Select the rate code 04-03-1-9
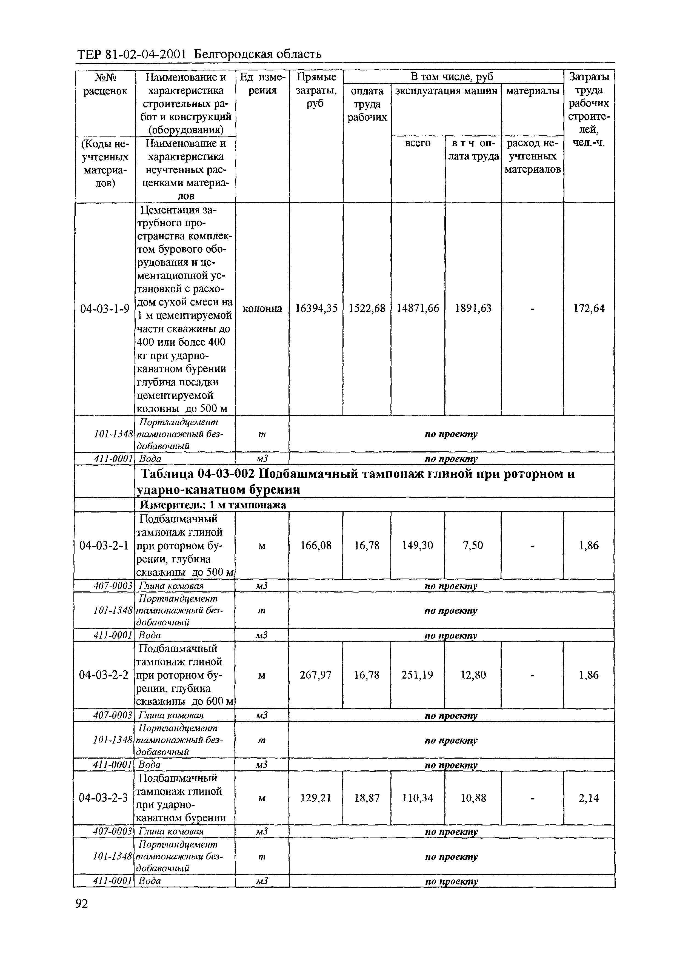click(x=105, y=309)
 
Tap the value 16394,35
click(x=316, y=309)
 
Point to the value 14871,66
click(x=418, y=309)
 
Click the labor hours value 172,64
click(x=589, y=309)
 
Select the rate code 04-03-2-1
click(x=104, y=545)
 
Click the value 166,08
click(x=316, y=545)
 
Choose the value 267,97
click(x=316, y=675)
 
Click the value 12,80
click(x=473, y=675)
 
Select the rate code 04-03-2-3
click(x=104, y=798)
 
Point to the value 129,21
click(x=316, y=798)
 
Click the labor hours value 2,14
click(x=589, y=798)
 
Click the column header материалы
click(x=532, y=91)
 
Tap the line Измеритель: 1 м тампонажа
click(x=213, y=505)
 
